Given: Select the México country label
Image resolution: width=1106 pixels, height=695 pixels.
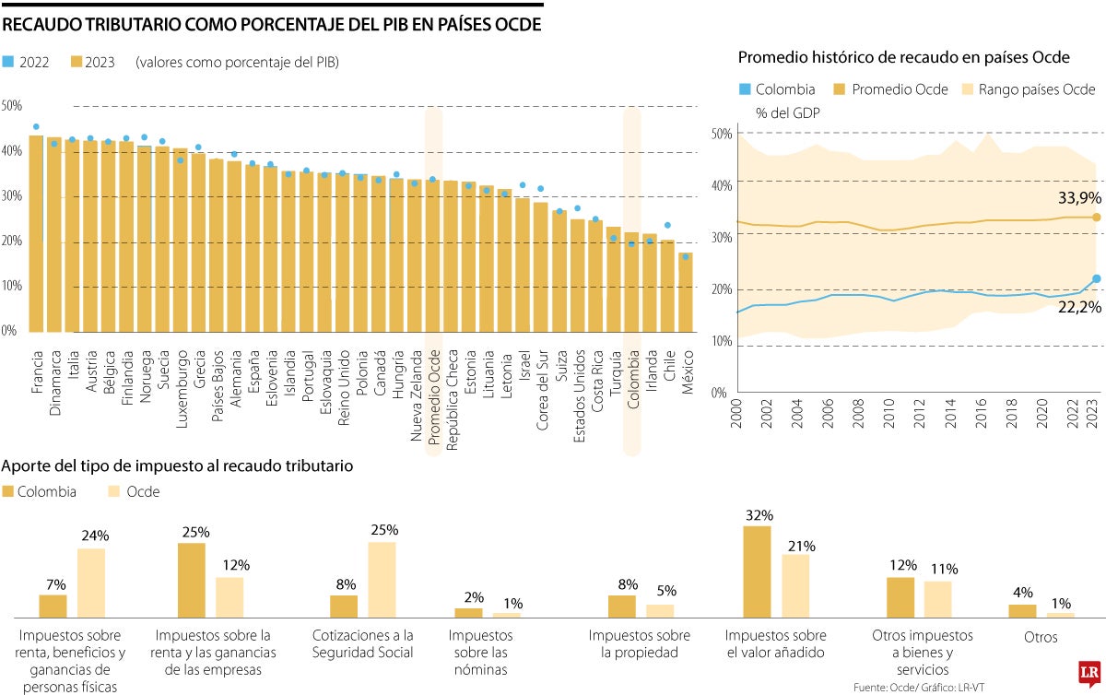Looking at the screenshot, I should coord(686,372).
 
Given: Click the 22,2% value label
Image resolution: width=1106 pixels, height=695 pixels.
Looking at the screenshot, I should coord(1079,307).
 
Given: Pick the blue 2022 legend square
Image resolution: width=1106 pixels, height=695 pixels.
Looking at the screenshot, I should coord(8,63).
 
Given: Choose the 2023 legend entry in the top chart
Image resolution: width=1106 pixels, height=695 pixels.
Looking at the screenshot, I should coord(92,63).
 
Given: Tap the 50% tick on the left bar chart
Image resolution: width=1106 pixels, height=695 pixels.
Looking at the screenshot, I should coord(11,106).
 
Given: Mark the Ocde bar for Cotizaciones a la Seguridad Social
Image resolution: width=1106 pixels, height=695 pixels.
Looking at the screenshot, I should coord(382,579).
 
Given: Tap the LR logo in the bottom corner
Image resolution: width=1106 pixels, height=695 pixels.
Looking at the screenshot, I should coord(1089,670).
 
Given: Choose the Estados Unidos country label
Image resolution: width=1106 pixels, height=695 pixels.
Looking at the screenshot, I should coord(578,393).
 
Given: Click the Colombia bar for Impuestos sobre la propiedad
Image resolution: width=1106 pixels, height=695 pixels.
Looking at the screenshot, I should coord(622,606).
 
